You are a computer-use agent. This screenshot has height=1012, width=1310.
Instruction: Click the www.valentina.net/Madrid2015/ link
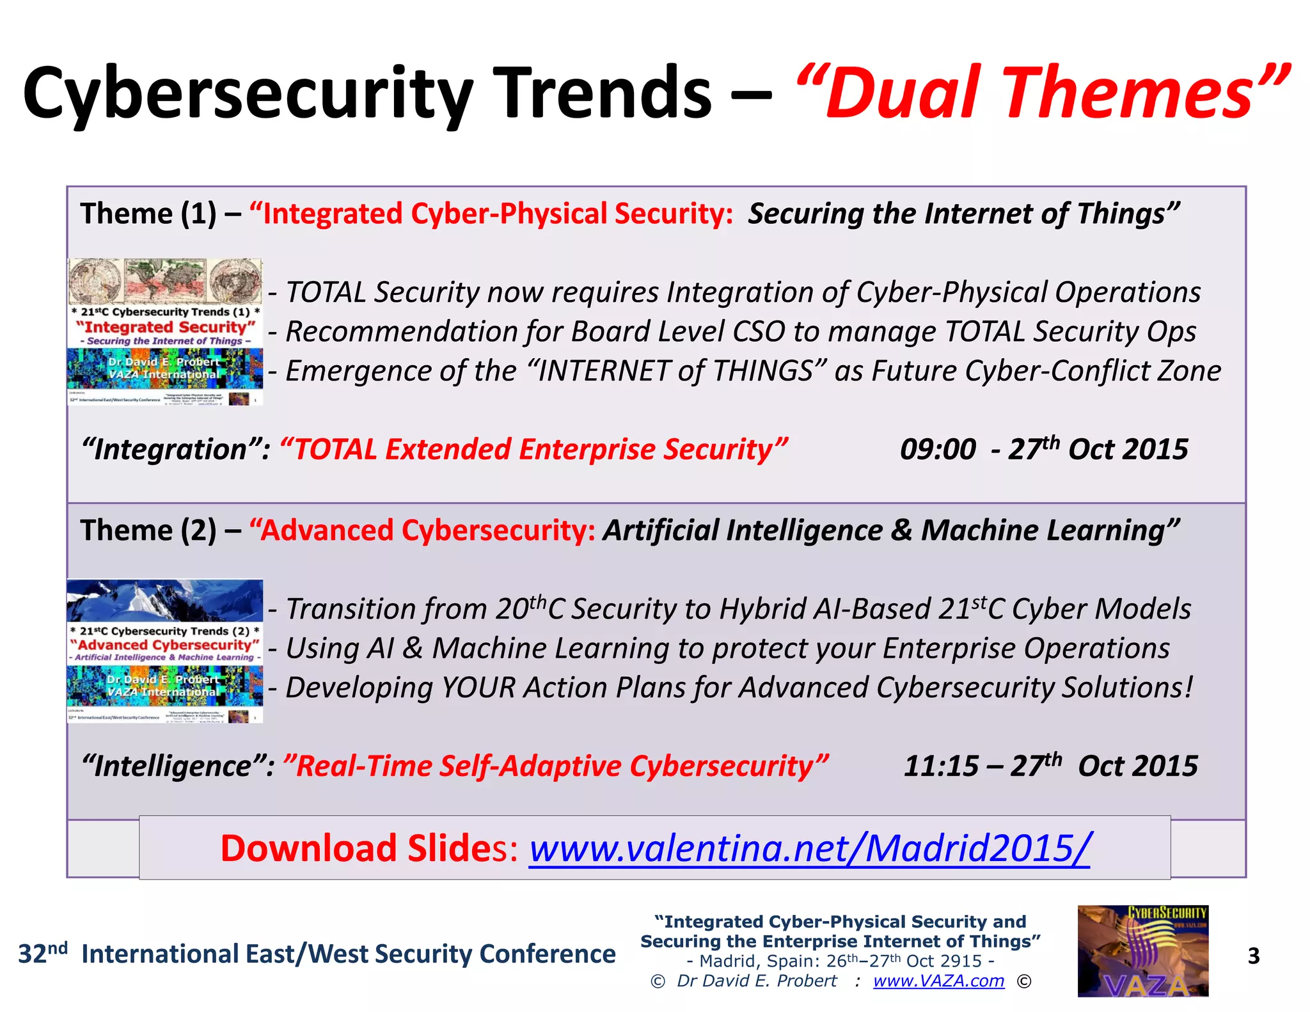(x=809, y=848)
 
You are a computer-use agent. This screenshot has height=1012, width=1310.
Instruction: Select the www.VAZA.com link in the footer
(x=938, y=981)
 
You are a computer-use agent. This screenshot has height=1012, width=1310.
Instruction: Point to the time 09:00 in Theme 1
(x=937, y=450)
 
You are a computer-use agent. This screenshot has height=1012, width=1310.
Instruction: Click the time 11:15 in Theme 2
(x=940, y=766)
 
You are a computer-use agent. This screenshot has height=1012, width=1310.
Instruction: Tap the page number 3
(x=1253, y=956)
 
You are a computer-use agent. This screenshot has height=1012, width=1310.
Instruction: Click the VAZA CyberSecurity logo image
(x=1142, y=951)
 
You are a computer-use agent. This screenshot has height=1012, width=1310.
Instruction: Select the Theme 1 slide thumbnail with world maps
(x=165, y=331)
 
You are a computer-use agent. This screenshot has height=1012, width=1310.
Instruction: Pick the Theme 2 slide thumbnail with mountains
(x=165, y=651)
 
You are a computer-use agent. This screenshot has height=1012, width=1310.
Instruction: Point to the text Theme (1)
(x=148, y=214)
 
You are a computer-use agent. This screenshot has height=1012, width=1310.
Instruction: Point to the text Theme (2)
(x=148, y=530)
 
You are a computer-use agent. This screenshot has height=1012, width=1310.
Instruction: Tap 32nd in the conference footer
(x=42, y=953)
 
